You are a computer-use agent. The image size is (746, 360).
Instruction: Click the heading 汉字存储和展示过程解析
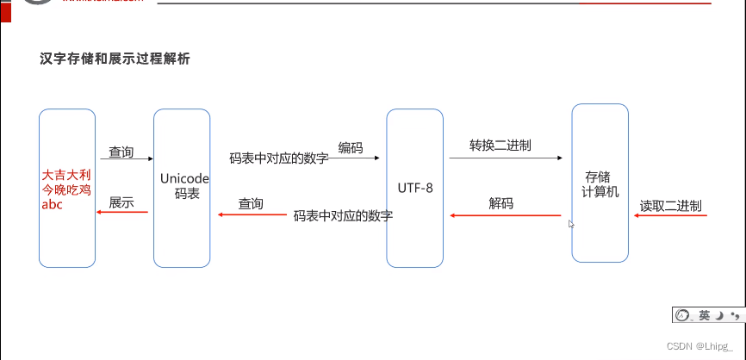click(x=115, y=59)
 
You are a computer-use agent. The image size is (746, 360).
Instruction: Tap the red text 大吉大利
click(x=66, y=175)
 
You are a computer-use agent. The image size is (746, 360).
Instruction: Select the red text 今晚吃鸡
click(x=66, y=189)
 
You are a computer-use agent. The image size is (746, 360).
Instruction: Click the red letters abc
click(x=53, y=205)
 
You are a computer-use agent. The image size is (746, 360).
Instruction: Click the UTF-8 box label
click(x=416, y=187)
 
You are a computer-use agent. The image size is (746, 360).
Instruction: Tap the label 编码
click(x=351, y=148)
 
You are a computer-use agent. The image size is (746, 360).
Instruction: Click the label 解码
click(x=501, y=204)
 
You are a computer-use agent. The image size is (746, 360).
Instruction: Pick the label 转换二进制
click(x=500, y=145)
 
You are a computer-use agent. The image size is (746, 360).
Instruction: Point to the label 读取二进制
click(x=670, y=207)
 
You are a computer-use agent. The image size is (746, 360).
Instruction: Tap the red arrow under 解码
click(x=503, y=215)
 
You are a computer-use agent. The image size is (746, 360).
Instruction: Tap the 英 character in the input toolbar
click(x=705, y=316)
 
